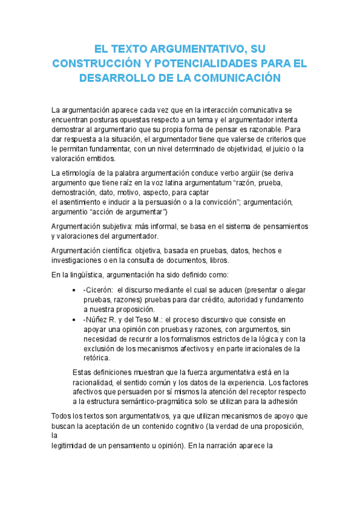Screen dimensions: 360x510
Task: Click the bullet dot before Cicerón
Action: click(x=73, y=290)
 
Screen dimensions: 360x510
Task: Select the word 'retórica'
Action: click(x=96, y=357)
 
